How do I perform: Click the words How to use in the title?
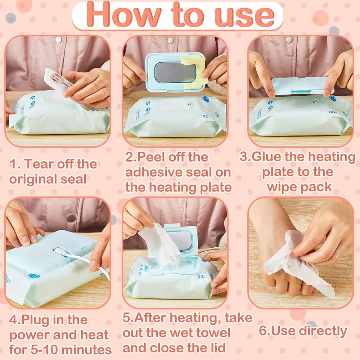click(x=180, y=15)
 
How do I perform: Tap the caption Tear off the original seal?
click(x=53, y=171)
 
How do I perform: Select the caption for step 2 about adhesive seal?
click(x=178, y=172)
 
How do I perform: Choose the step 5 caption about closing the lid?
click(x=187, y=333)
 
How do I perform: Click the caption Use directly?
click(x=303, y=331)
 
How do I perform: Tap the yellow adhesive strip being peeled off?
click(x=194, y=68)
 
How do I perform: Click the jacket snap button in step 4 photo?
click(x=71, y=217)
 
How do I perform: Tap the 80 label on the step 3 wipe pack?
click(x=333, y=112)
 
